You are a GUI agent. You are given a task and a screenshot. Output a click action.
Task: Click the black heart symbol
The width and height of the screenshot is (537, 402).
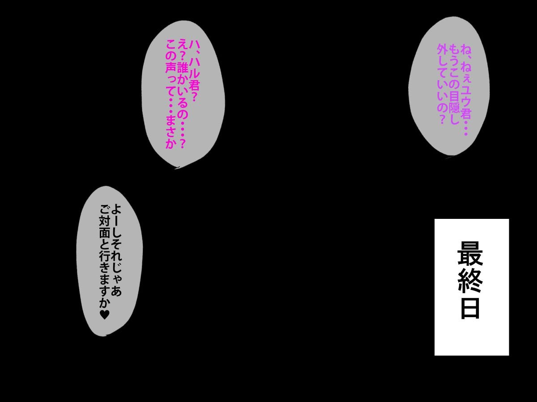click(x=104, y=314)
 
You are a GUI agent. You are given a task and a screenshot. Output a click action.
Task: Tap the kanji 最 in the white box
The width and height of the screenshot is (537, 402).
click(x=470, y=253)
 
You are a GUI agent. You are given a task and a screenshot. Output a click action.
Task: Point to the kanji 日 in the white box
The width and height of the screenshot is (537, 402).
click(x=470, y=308)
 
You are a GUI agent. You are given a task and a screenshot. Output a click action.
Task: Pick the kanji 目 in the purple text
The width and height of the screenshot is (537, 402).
click(x=454, y=96)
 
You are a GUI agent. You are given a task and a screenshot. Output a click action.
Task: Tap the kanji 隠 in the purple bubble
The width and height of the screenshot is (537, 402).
click(x=454, y=108)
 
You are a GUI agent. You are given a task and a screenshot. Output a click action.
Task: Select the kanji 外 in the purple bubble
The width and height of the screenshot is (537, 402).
click(x=442, y=50)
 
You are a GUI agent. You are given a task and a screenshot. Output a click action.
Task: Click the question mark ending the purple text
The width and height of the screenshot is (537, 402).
click(x=442, y=119)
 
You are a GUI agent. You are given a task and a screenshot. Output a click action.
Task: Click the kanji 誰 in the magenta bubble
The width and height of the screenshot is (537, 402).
click(x=183, y=67)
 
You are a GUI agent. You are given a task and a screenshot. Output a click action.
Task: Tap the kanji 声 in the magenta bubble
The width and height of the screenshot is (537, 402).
click(x=171, y=67)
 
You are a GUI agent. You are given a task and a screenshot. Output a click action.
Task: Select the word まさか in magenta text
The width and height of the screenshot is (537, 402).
click(x=171, y=131)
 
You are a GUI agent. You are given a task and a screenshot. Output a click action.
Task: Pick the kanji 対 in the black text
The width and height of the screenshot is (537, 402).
click(x=104, y=222)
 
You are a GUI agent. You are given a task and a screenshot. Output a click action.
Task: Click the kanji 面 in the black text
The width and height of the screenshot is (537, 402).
click(x=104, y=233)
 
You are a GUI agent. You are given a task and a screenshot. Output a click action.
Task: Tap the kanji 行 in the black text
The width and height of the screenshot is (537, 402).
click(x=104, y=256)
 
